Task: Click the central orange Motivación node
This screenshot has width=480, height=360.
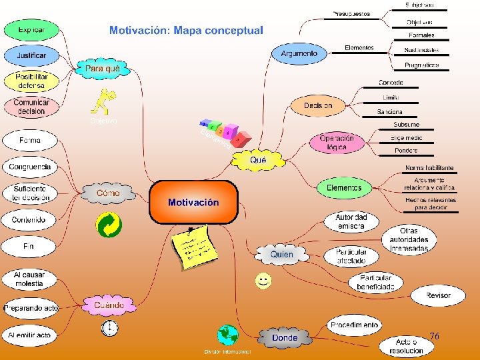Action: coord(193,202)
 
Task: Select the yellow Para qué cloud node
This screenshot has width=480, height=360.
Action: coord(103,68)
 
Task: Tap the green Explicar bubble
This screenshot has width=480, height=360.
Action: coord(31,30)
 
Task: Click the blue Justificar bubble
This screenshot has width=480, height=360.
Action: coord(31,55)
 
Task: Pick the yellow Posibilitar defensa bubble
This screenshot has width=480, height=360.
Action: coord(31,81)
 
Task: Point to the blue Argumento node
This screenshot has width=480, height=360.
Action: coord(299,53)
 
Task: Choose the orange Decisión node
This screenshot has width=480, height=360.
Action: coord(318,105)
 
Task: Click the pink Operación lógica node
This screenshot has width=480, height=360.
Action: coord(337,143)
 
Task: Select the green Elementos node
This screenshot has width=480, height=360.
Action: coord(344,188)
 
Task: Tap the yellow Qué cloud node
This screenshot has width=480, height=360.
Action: coord(258,160)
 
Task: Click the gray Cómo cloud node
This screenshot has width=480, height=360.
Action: coord(108,193)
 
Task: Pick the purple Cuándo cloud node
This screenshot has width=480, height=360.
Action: coord(109,305)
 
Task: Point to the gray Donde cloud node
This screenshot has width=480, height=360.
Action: coord(285,337)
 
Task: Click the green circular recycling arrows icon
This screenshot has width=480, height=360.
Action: coord(107,225)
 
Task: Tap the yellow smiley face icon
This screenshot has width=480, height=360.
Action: coord(263,281)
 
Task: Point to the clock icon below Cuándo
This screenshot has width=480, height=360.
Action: coord(109,327)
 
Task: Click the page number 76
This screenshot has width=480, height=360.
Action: coord(434,336)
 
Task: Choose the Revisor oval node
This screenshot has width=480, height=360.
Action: coord(438,295)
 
